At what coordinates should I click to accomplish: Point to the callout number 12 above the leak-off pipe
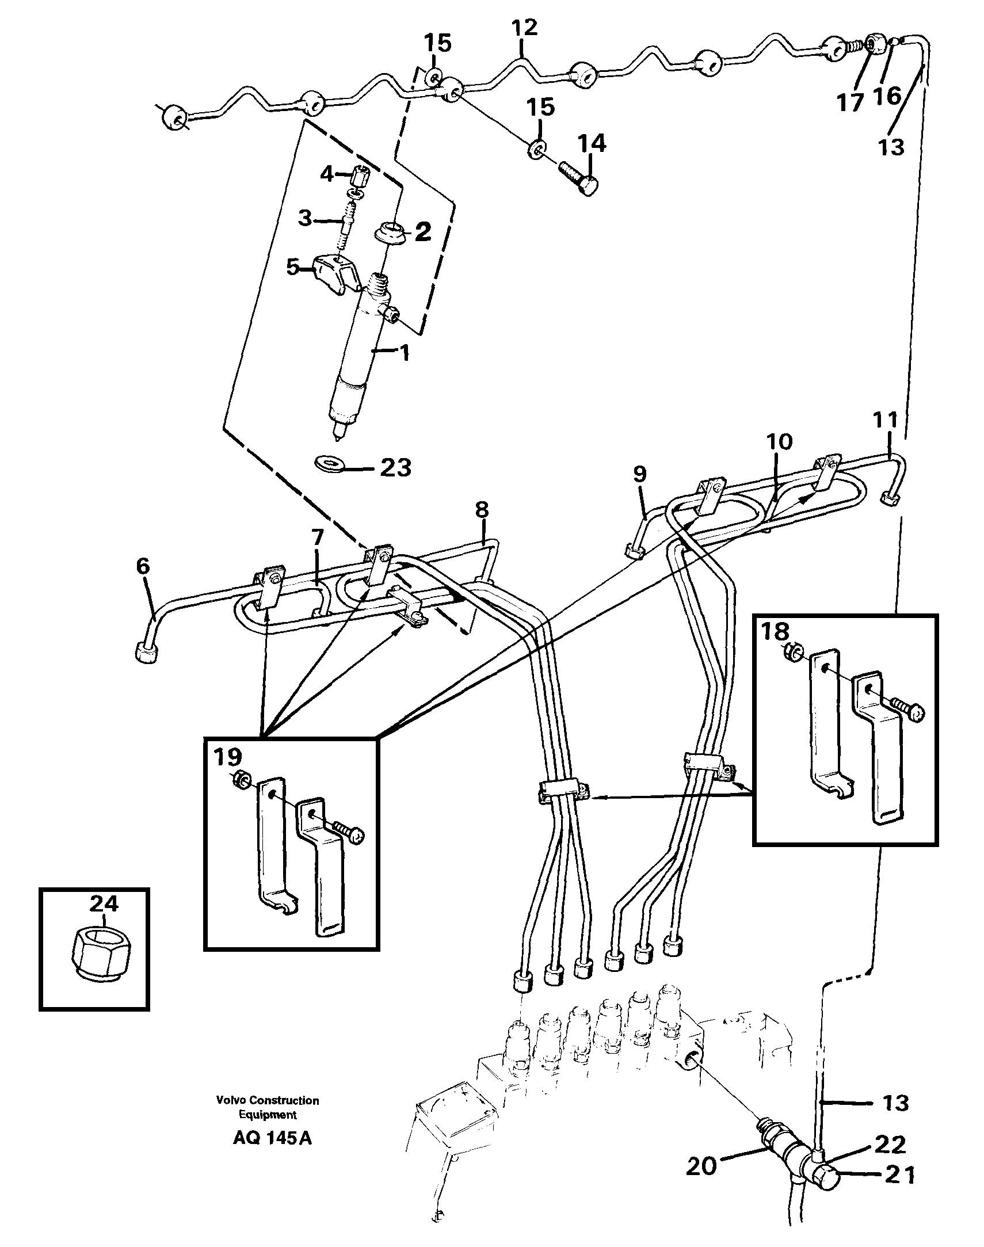pyautogui.click(x=524, y=28)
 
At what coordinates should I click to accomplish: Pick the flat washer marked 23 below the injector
pyautogui.click(x=330, y=463)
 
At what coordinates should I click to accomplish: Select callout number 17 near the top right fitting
pyautogui.click(x=850, y=102)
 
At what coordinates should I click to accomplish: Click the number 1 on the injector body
pyautogui.click(x=405, y=353)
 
